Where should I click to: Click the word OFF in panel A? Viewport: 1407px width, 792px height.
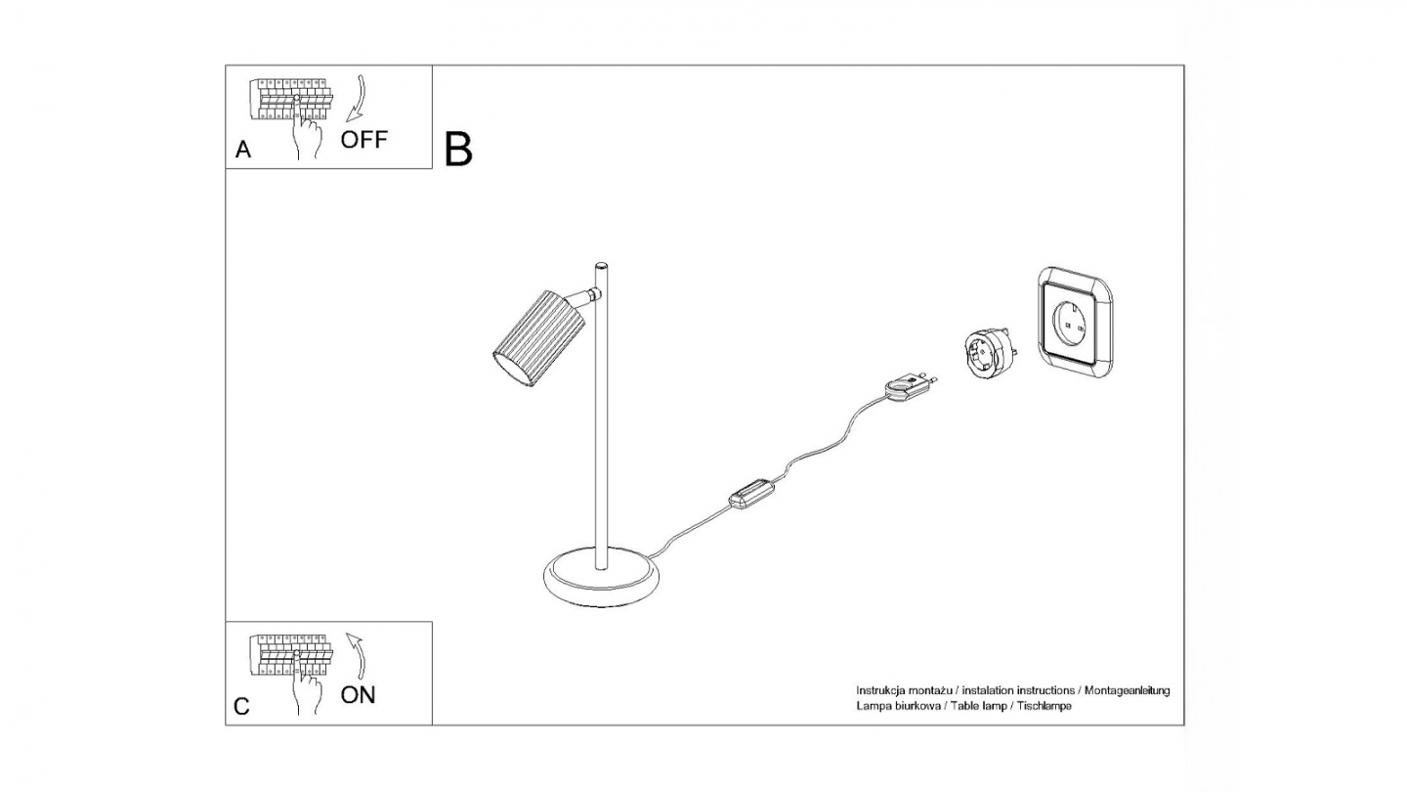(x=363, y=139)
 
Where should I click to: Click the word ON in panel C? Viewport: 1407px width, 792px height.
(x=358, y=695)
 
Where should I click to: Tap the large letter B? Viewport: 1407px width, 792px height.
(x=458, y=149)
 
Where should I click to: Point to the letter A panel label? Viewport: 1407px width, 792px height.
(x=243, y=151)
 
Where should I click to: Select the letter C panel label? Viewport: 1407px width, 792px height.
(x=242, y=707)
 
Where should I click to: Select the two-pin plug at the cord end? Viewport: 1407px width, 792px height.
(x=907, y=385)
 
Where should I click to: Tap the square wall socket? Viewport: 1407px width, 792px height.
(x=1075, y=321)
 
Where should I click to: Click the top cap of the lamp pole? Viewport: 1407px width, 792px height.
(x=601, y=265)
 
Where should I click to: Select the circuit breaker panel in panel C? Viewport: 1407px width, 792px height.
(x=291, y=653)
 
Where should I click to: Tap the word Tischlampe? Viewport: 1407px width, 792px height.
(x=1045, y=706)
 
